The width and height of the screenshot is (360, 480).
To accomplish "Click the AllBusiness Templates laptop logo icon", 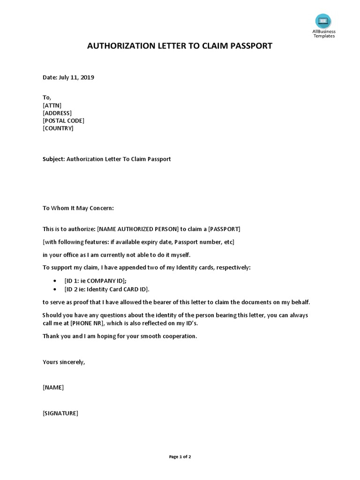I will pos(323,21).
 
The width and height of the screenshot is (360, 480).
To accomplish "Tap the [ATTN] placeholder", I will pos(52,105).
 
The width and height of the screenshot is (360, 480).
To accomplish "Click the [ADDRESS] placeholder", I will pos(57,113).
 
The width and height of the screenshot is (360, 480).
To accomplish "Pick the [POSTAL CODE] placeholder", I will pos(64,120).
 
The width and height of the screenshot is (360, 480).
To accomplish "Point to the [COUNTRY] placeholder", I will pos(58,128).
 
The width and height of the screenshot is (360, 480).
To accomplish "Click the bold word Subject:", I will pos(54,159).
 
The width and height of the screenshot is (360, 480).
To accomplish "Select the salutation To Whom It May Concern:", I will pos(78,208).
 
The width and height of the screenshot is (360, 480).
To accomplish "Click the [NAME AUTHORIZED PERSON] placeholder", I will pos(138,229).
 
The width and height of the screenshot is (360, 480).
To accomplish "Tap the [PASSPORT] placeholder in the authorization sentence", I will pos(224,229).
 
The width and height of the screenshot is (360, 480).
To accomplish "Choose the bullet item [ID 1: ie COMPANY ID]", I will pos(95,280).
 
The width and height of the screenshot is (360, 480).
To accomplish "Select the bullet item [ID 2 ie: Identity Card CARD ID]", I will pos(107,289).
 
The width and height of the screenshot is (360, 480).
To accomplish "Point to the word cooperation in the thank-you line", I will pos(180,336).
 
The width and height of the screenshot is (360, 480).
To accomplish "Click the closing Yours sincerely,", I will pos(64,362).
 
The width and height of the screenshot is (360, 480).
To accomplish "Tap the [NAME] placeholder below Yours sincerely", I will pos(53,387).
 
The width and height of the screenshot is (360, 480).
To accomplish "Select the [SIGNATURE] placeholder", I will pos(60,413).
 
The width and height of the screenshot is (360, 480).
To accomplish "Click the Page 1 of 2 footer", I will pos(180,457).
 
